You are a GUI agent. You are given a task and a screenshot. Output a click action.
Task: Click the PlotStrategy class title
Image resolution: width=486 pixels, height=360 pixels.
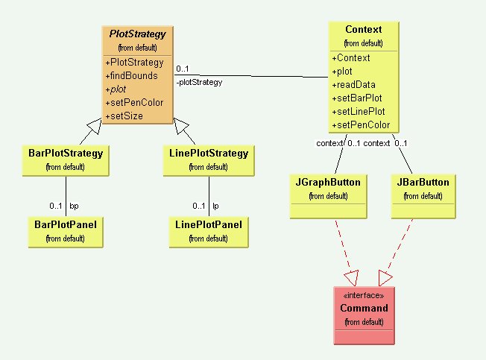(138, 34)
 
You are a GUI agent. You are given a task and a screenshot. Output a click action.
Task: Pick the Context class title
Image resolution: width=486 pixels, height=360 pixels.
(363, 30)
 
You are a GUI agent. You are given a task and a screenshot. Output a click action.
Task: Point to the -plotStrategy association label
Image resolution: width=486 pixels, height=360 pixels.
(200, 83)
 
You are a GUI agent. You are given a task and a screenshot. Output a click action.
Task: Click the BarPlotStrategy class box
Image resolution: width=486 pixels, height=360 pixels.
(65, 159)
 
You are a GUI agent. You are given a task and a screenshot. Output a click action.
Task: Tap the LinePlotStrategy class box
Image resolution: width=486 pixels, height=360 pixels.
(209, 159)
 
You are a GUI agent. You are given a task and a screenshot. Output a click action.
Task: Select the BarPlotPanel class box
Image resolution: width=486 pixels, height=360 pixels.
(65, 230)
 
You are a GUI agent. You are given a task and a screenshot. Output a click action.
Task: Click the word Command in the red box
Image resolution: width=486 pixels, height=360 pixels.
(364, 308)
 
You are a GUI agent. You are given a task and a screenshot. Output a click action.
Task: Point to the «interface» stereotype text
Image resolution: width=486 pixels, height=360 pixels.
(364, 296)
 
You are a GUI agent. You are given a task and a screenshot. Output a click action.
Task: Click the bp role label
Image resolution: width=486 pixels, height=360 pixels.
(74, 206)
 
